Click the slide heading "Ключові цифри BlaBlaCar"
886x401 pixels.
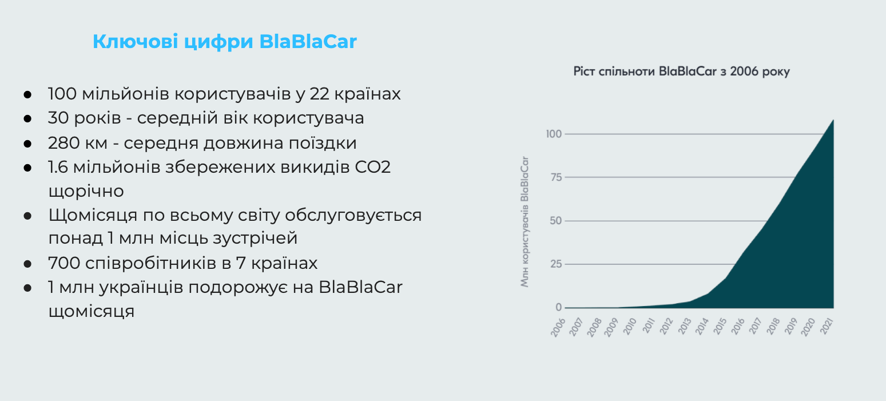pos(225,42)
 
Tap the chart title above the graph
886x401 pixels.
pos(681,72)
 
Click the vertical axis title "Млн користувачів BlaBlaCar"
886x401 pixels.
pos(525,221)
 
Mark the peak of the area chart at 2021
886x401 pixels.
pos(833,120)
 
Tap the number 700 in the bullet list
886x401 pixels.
pos(65,263)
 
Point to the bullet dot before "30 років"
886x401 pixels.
pos(27,119)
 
